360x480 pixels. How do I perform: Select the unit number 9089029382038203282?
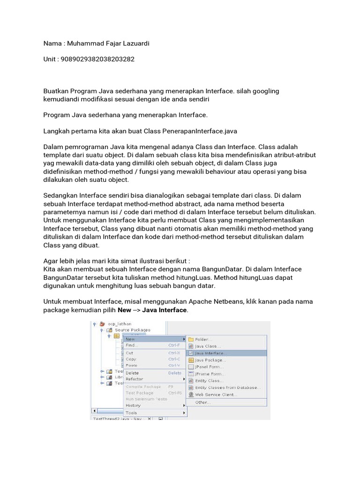(98, 60)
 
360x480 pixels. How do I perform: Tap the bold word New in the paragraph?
(124, 310)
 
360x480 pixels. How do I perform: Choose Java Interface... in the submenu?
(210, 353)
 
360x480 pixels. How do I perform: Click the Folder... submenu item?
(204, 339)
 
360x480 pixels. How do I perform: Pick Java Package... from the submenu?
(210, 360)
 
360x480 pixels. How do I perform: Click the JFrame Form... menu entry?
(209, 374)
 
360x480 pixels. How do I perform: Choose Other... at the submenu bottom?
(202, 402)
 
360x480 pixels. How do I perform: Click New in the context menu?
(130, 338)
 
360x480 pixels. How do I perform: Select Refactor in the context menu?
(135, 379)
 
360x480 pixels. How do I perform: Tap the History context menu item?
(133, 405)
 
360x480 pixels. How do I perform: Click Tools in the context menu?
(131, 412)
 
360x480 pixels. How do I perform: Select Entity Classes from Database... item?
(227, 388)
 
